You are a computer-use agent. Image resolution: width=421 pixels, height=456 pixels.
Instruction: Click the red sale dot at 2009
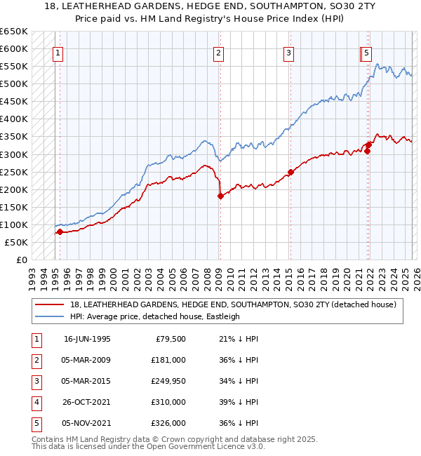tap(220, 196)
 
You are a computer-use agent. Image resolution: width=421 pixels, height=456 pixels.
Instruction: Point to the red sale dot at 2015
tap(290, 172)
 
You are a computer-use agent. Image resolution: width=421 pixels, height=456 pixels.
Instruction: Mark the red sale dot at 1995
tap(60, 232)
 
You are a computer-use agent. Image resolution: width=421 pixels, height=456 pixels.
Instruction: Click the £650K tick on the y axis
tap(14, 32)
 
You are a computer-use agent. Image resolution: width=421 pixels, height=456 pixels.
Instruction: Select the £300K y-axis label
tap(14, 154)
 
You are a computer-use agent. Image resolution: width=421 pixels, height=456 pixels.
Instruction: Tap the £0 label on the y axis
tap(21, 260)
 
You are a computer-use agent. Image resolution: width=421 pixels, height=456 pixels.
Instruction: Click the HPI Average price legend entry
tap(154, 316)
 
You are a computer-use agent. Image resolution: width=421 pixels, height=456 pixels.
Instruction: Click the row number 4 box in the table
tap(35, 402)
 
